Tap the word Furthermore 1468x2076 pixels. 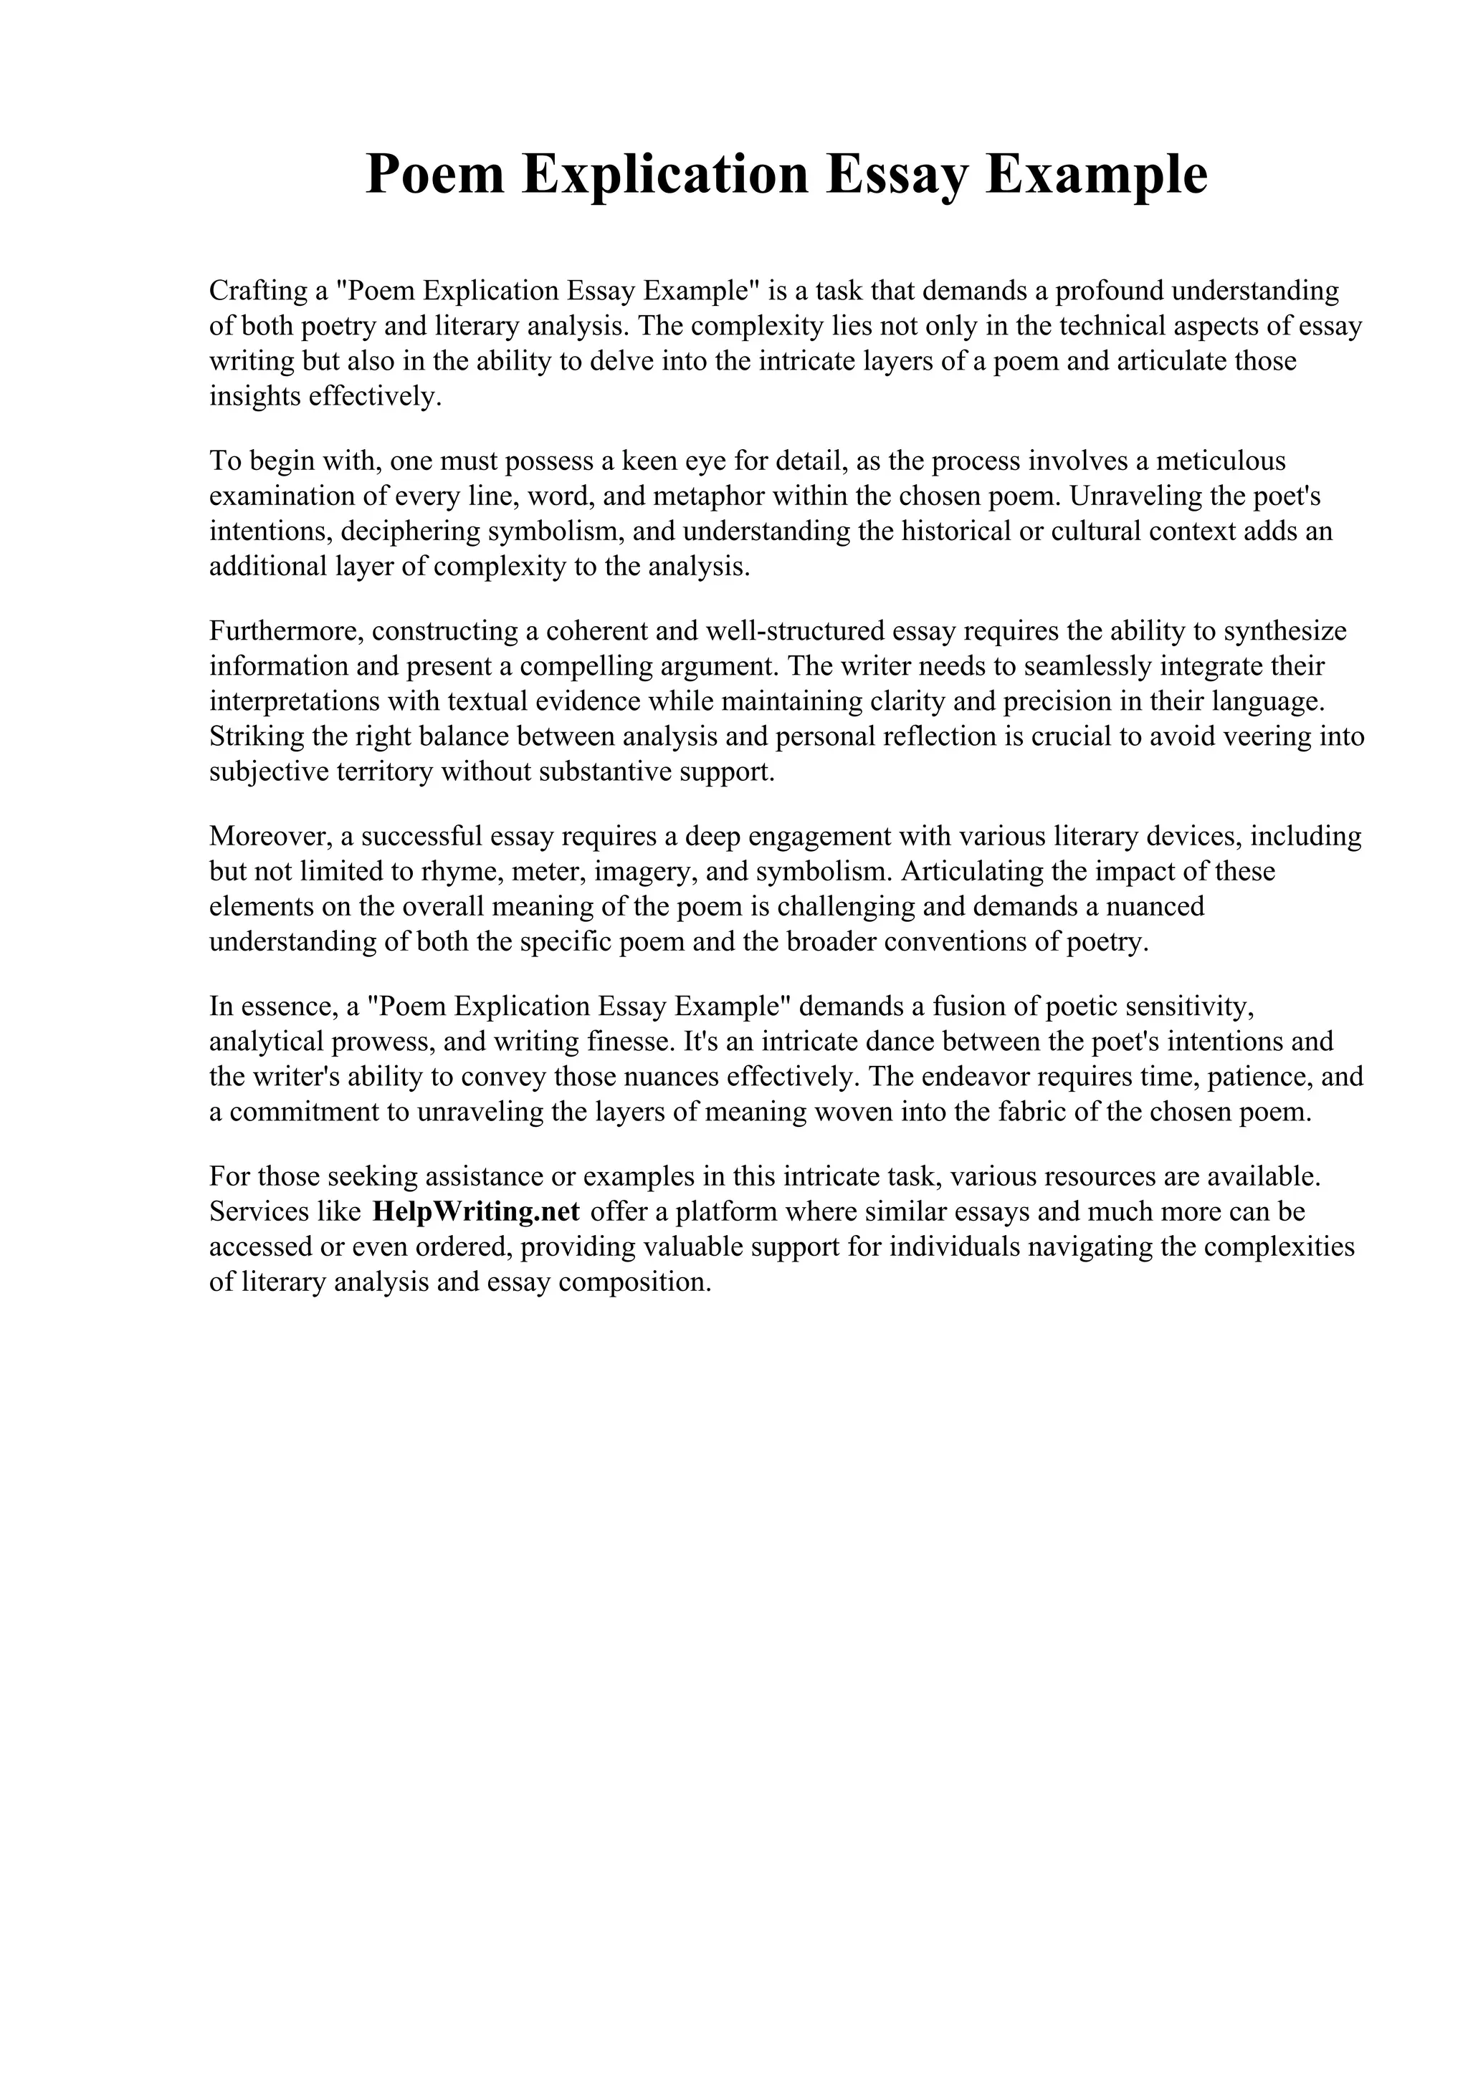pyautogui.click(x=286, y=631)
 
